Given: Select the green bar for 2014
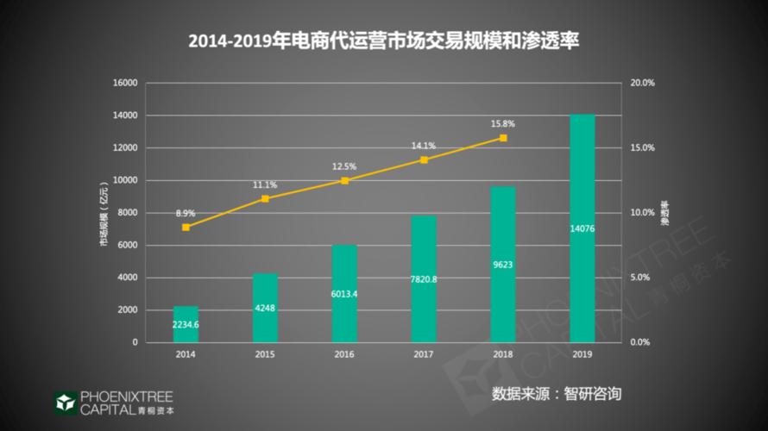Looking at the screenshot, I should point(186,324).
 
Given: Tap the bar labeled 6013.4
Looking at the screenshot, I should point(344,293).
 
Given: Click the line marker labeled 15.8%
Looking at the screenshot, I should point(503,138).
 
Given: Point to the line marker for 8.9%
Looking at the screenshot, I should point(186,227).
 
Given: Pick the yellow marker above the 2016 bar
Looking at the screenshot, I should point(344,181).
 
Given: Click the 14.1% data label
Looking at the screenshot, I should point(424,146).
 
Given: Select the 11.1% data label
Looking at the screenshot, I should point(265,184).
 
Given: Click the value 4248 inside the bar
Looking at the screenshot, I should point(265,309).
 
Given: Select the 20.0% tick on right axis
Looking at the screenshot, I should point(644,83).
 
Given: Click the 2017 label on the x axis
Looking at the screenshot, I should point(424,354).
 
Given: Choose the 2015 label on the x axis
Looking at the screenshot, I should point(265,354).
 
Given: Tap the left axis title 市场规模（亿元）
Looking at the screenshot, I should point(104,213).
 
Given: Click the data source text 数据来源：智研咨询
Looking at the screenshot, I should point(557,394).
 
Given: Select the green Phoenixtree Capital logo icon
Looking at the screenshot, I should point(65,403).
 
